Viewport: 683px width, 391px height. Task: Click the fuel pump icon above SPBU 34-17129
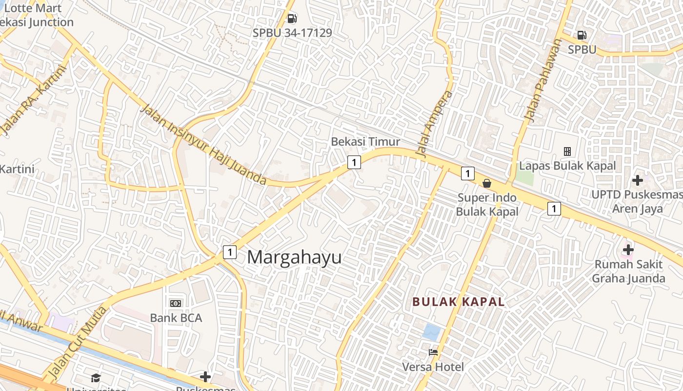(x=292, y=19)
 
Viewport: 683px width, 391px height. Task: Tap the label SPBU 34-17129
(x=292, y=33)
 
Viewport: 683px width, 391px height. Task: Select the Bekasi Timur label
(x=365, y=142)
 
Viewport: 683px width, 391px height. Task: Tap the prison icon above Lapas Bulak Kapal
(x=567, y=152)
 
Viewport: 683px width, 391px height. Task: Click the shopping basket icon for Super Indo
(x=486, y=183)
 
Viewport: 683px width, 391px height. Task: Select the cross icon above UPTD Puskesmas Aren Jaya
(x=637, y=180)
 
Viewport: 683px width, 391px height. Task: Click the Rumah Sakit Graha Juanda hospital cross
(x=628, y=250)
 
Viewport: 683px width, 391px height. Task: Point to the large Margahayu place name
(x=294, y=257)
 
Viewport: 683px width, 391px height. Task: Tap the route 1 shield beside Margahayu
(x=229, y=252)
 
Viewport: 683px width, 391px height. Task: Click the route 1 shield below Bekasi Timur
(x=354, y=162)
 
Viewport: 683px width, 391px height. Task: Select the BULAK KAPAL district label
(x=458, y=302)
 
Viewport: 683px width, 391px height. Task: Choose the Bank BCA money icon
(x=176, y=304)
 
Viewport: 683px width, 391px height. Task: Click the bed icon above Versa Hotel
(x=433, y=352)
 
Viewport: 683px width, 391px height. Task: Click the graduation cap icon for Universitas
(x=96, y=378)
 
